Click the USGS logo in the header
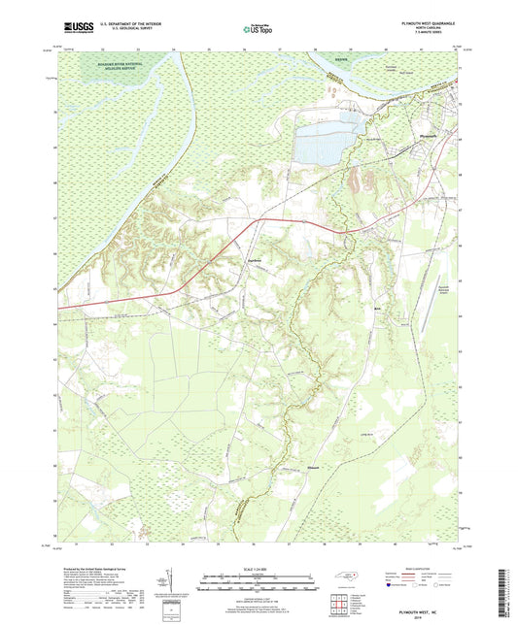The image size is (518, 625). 73,30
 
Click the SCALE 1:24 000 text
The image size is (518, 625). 259,570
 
